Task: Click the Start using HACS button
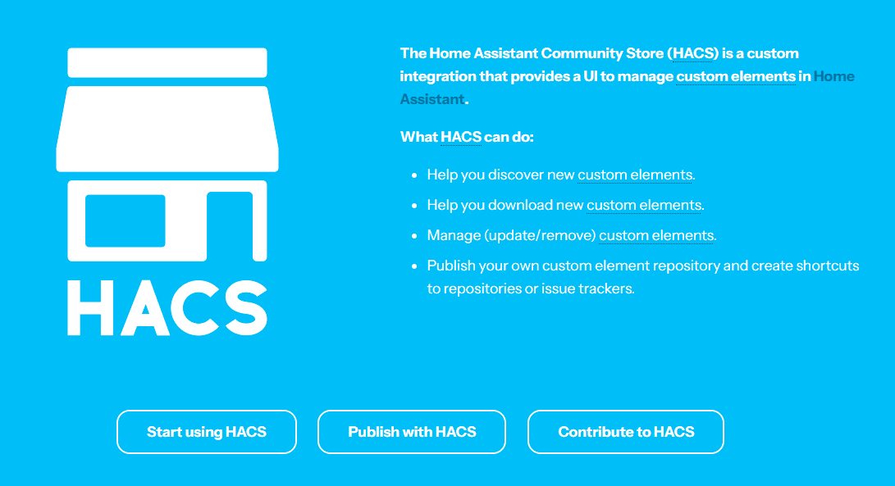coord(207,432)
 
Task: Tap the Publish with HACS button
coord(412,432)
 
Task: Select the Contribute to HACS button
coord(626,432)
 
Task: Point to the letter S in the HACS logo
coord(246,307)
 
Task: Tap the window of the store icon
coord(125,220)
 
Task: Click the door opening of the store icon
coord(230,226)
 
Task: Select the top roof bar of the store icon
coord(167,63)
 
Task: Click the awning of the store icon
coord(167,129)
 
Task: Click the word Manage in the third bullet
coord(454,235)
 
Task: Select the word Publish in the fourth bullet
coord(451,266)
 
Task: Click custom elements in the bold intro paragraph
coord(736,76)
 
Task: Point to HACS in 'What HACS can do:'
coord(461,137)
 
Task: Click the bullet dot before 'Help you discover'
coord(414,175)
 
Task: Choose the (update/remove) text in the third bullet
coord(540,235)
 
